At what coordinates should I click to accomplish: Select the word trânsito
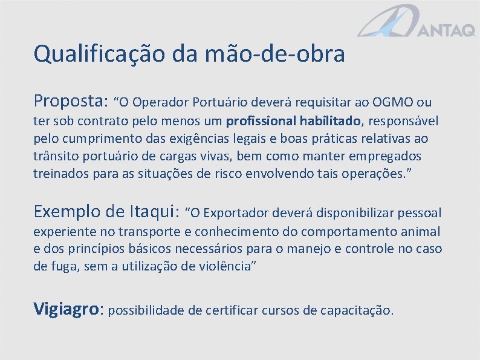pyautogui.click(x=54, y=156)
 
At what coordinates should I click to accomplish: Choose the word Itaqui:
pyautogui.click(x=154, y=211)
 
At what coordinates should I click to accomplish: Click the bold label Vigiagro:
pyautogui.click(x=70, y=310)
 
